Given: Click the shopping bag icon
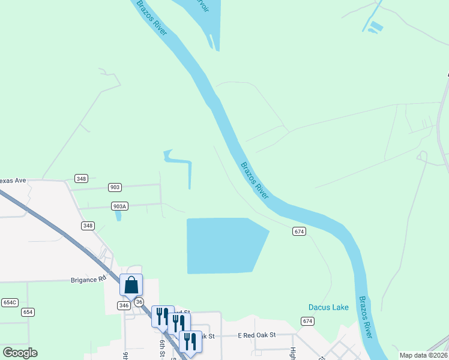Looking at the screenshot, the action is point(131,286).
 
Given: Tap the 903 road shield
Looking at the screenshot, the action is point(115,187).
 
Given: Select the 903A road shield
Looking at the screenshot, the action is point(119,206).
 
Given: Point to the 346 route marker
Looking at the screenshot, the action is point(124,305).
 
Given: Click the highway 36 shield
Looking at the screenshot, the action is point(139,302).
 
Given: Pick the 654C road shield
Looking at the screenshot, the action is point(10,302).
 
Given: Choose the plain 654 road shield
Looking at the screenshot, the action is point(28,312).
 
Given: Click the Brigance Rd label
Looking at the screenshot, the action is point(88,280).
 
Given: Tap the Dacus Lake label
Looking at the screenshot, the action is point(328,307).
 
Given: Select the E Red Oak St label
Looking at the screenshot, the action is point(256,335).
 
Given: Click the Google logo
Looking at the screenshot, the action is point(20,353).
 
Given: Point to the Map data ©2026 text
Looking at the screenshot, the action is point(423,355).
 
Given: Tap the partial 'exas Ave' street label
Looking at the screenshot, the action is point(13,180).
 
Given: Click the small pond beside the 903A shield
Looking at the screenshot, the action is point(118,215).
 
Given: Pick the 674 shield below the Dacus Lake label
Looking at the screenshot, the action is point(308,322).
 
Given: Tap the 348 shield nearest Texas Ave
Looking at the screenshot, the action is point(82,178).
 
